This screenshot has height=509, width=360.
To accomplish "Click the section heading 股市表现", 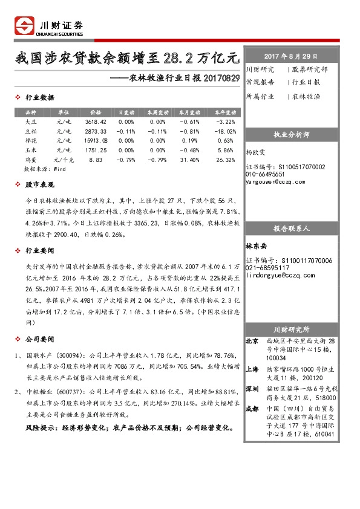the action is pos(43,184).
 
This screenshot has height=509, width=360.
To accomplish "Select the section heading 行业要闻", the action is pos(43,250).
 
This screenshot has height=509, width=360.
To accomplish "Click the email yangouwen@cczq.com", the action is pos(276,181).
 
